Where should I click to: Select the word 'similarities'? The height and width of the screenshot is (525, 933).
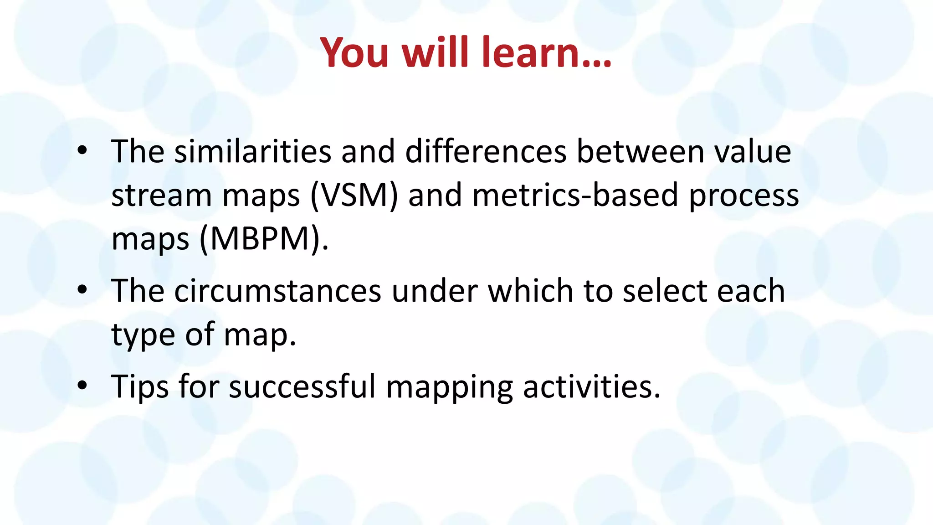click(x=253, y=152)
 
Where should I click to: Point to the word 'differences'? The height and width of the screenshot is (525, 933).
click(x=486, y=152)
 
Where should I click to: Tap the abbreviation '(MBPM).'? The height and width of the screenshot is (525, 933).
click(x=264, y=239)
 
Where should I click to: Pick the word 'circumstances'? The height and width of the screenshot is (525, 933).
click(x=278, y=291)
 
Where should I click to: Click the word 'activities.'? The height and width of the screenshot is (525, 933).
click(x=591, y=386)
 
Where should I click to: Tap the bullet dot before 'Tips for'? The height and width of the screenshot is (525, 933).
click(x=82, y=386)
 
